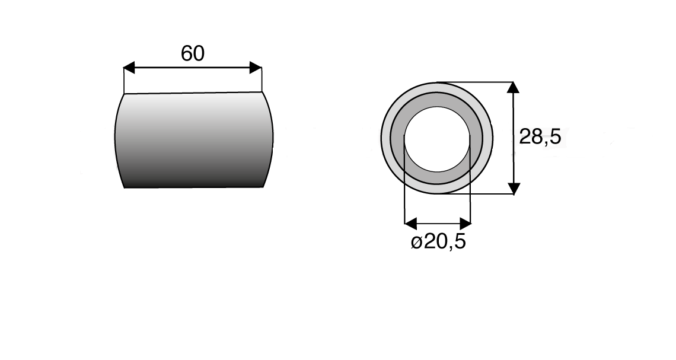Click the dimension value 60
(193, 53)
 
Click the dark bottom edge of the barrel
(193, 186)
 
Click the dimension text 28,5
(540, 138)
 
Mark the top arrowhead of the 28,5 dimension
(514, 88)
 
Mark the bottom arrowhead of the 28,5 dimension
(514, 188)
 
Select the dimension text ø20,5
(438, 242)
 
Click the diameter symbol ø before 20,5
(416, 243)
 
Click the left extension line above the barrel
(124, 80)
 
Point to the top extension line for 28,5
(480, 82)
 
